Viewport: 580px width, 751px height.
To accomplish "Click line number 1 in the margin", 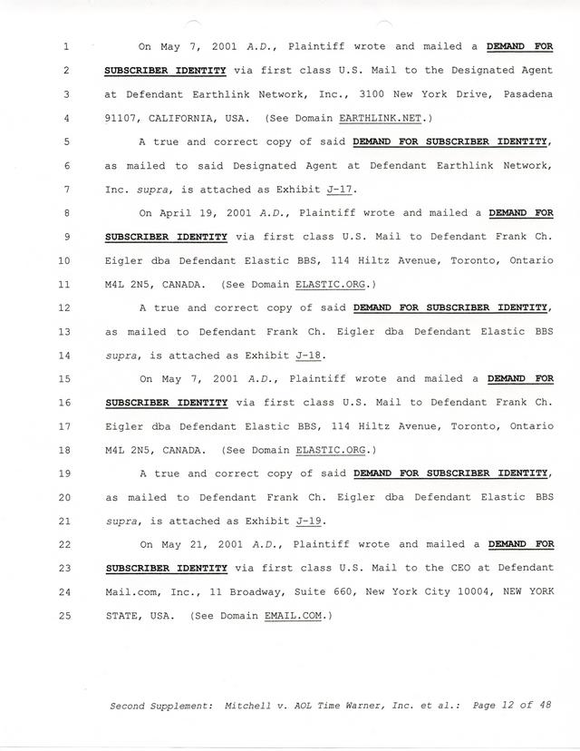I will click(x=43, y=46).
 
